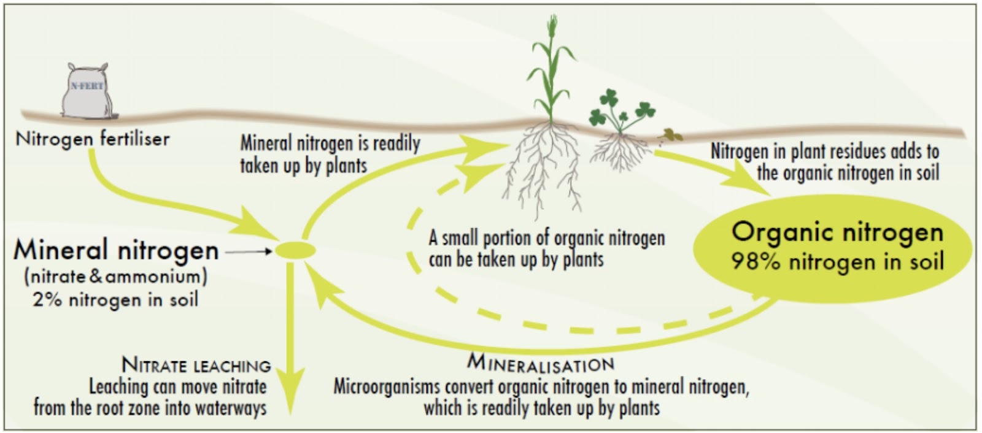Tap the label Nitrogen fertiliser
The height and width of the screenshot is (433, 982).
point(92,139)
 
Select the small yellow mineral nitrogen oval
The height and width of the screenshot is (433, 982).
point(295,250)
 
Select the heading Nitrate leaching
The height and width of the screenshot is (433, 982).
point(196,365)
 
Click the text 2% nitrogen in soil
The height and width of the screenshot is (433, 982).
point(115,300)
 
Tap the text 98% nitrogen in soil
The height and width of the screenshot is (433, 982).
point(837,262)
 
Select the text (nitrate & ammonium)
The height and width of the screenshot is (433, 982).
point(115,276)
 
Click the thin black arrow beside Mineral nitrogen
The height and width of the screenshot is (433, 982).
point(249,251)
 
